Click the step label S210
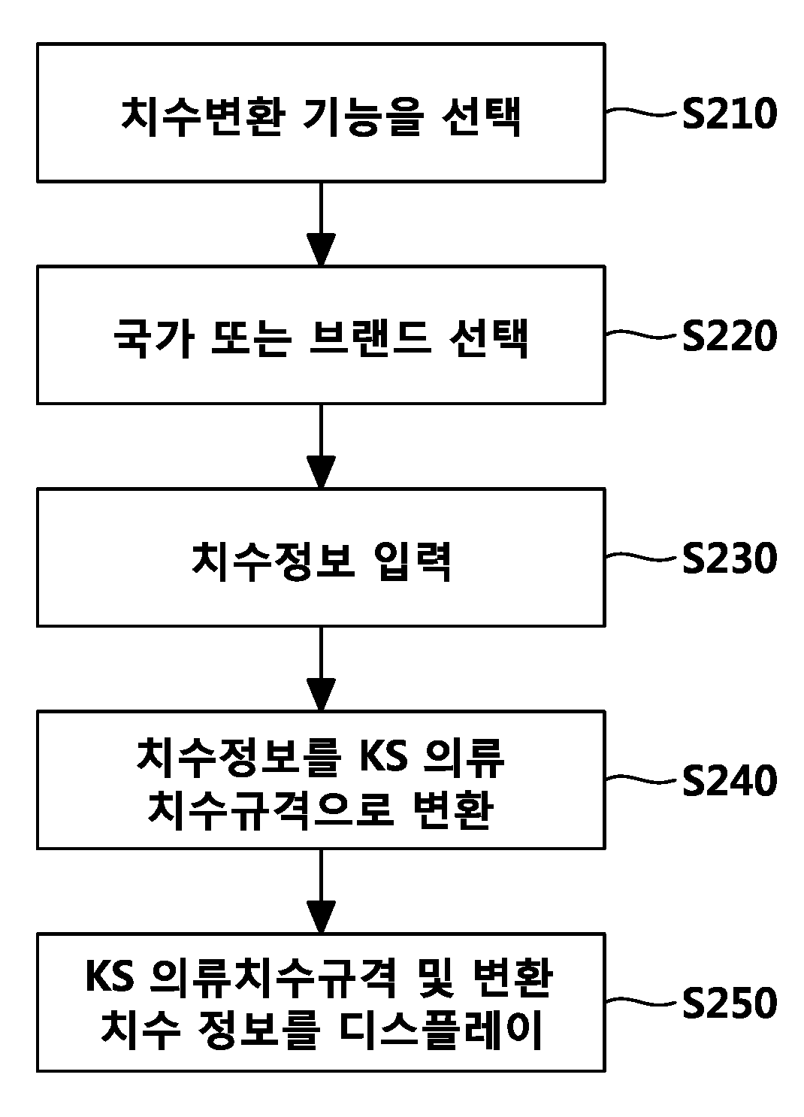[x=729, y=114]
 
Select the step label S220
[x=729, y=335]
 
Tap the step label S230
[x=729, y=558]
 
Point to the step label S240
[x=729, y=780]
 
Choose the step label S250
[x=729, y=1003]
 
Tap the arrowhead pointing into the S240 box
[x=321, y=694]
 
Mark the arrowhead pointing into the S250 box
[x=321, y=916]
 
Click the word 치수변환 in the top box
[x=204, y=116]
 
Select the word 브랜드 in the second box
[x=370, y=338]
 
